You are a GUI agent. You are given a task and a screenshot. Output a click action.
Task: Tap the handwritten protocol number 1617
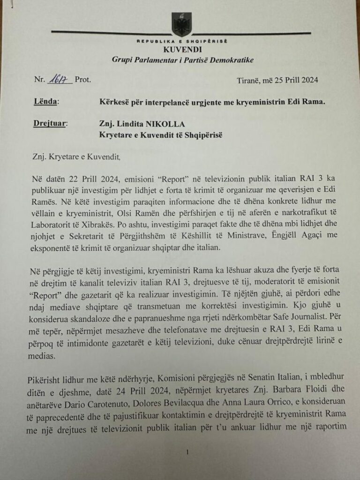pos(60,80)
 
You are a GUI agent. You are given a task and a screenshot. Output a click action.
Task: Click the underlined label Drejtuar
pos(51,124)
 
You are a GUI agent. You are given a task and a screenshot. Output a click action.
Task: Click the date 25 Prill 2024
pos(288,80)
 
